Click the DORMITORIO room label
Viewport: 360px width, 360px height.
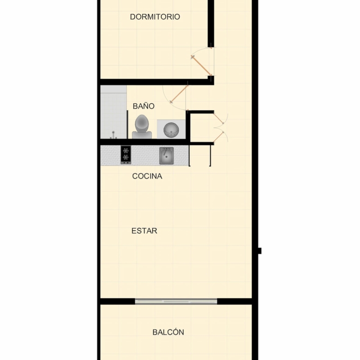(x=155, y=17)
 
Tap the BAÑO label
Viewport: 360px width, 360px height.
(x=144, y=106)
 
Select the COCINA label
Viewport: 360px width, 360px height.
(x=147, y=176)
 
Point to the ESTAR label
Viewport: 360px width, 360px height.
(x=144, y=231)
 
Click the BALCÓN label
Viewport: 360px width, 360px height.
(x=168, y=332)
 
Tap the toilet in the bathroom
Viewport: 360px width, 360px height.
(x=142, y=127)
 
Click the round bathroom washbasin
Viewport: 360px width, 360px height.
(x=171, y=130)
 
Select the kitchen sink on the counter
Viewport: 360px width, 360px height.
(x=167, y=156)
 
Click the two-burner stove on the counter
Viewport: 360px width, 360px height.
(x=126, y=155)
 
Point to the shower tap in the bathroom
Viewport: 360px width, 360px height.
(x=113, y=135)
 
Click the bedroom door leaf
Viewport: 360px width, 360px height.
(x=201, y=66)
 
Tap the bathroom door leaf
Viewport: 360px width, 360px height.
(x=179, y=94)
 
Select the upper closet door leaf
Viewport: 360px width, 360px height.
(x=218, y=118)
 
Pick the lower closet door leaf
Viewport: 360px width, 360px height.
(x=218, y=137)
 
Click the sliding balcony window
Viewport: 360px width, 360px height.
(x=176, y=301)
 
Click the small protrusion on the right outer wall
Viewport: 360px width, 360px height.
(x=260, y=251)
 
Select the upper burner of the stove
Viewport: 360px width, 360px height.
(x=126, y=150)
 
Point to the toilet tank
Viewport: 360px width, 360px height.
(x=142, y=135)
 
